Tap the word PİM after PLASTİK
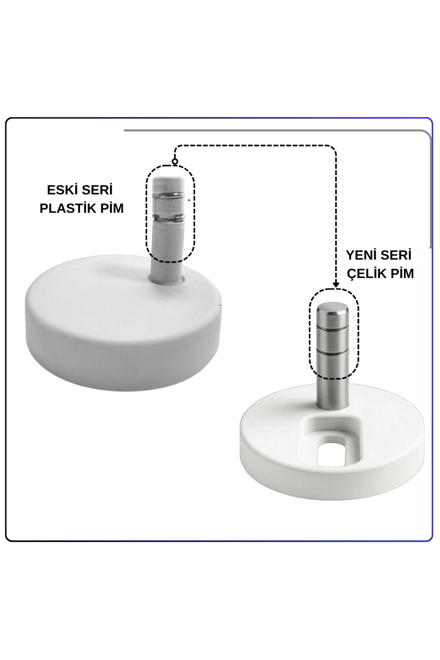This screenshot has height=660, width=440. point(111,208)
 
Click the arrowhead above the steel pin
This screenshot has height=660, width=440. point(335,285)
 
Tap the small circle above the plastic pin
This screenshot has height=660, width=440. point(175,161)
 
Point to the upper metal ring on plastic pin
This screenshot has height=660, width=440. point(169,195)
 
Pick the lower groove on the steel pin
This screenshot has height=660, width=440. point(333,350)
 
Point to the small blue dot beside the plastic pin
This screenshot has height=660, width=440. point(189,200)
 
